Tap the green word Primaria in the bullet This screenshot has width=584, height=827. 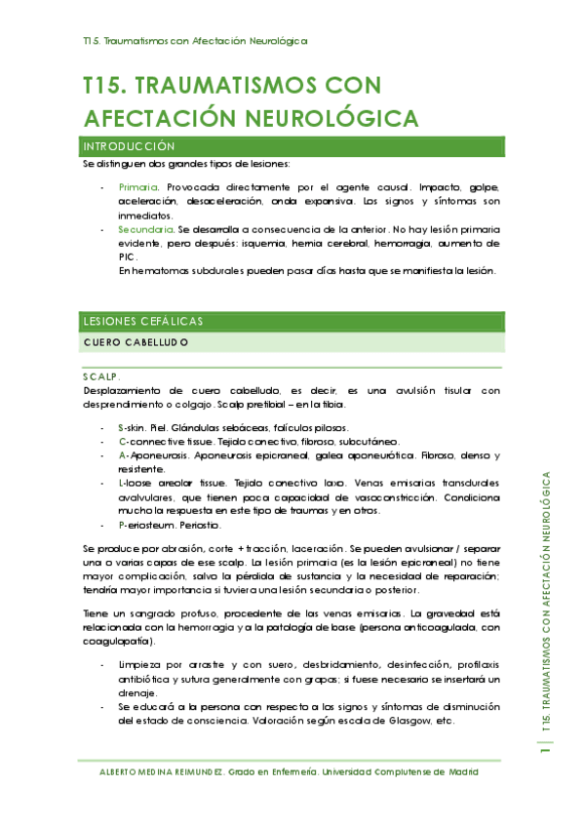coord(138,187)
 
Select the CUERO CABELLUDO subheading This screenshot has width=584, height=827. coord(136,343)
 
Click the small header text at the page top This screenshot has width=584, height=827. coord(195,41)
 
